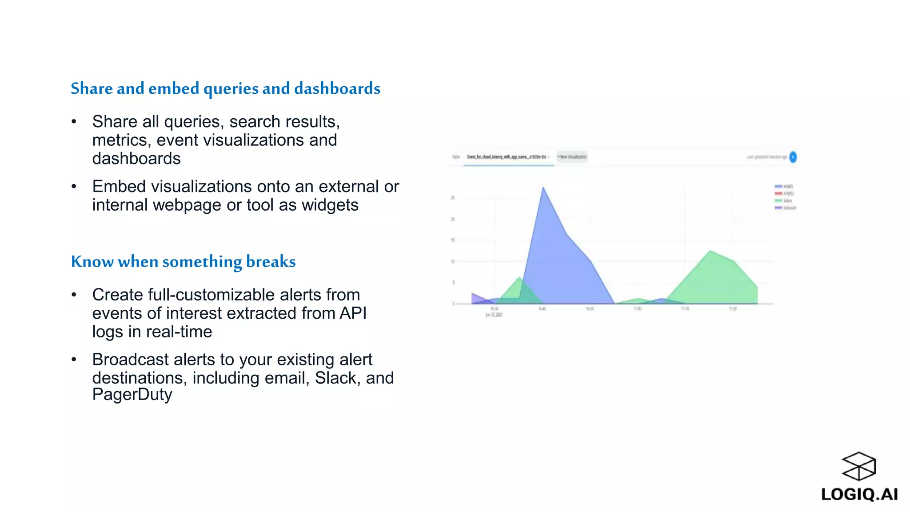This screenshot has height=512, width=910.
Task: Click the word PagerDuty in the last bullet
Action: (x=132, y=395)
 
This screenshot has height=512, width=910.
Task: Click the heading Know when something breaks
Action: (x=183, y=261)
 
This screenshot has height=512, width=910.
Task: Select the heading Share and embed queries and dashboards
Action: (x=225, y=88)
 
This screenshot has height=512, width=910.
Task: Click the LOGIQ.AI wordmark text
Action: (x=859, y=494)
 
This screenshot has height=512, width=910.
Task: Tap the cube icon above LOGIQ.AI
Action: (x=858, y=466)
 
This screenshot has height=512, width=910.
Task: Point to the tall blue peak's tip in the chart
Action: (x=543, y=188)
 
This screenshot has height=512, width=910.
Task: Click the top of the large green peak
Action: (x=710, y=252)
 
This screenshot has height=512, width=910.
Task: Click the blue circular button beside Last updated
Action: (x=793, y=157)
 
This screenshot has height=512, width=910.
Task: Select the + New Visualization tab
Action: (x=572, y=157)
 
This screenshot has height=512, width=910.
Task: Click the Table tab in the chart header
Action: (x=456, y=157)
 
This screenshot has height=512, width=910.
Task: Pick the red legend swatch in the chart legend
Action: (x=778, y=194)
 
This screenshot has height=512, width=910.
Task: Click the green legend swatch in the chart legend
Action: (x=778, y=201)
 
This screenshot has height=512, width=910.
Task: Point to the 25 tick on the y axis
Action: (x=453, y=198)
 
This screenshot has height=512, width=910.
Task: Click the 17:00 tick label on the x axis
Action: (x=637, y=308)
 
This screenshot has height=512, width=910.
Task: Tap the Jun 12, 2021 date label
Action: (x=494, y=315)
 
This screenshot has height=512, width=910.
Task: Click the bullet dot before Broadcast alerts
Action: (x=74, y=359)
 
